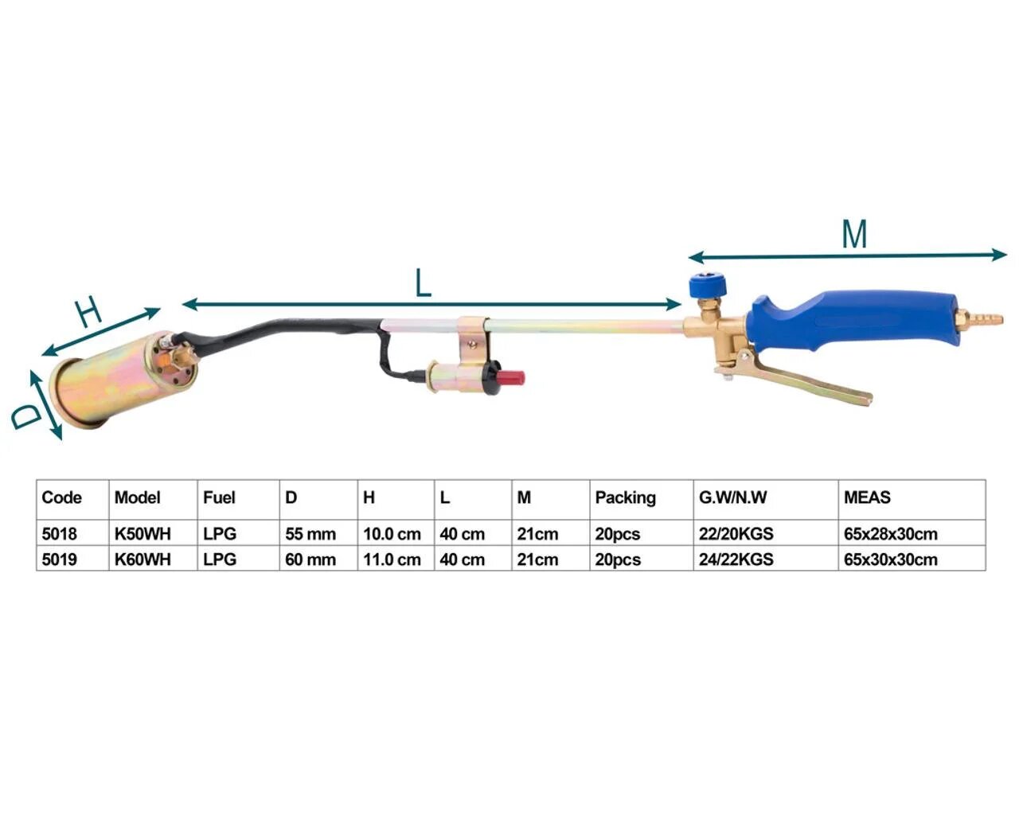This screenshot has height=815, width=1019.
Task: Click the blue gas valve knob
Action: [x=708, y=285]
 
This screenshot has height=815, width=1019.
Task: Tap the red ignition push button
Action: [x=513, y=377]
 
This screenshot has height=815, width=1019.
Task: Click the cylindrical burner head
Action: [x=124, y=379]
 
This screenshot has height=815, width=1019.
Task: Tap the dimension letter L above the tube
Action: [x=423, y=283]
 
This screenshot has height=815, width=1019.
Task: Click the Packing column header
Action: [x=625, y=497]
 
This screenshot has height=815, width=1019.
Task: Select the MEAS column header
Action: [x=867, y=497]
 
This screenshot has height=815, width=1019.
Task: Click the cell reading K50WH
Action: [x=143, y=534]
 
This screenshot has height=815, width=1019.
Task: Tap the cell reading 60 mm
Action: [x=310, y=560]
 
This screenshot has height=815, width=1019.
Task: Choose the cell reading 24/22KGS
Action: [x=736, y=560]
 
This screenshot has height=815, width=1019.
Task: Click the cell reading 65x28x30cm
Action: [x=890, y=534]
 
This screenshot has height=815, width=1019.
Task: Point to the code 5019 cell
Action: [x=59, y=560]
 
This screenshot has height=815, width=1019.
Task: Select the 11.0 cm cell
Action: [x=392, y=560]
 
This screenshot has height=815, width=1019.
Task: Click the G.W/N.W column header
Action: [x=732, y=497]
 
